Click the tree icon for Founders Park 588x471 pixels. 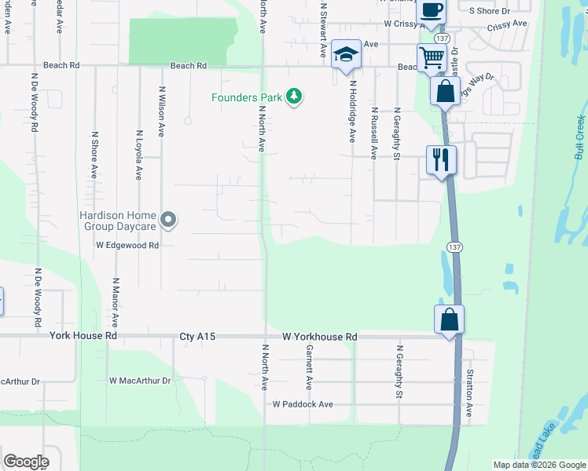click(x=294, y=97)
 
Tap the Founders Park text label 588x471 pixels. click(x=246, y=97)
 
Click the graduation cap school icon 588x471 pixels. click(x=345, y=54)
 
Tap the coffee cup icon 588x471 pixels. click(x=431, y=10)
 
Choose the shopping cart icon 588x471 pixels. click(x=432, y=57)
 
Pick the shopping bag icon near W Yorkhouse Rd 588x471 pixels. click(x=449, y=319)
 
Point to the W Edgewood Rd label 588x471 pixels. click(x=128, y=245)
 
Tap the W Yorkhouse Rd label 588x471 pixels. click(x=321, y=337)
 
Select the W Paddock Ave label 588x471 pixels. click(x=303, y=404)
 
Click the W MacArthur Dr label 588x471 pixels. click(x=140, y=381)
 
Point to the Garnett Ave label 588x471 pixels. click(x=310, y=367)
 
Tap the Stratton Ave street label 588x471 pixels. click(x=469, y=392)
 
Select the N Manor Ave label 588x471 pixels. click(x=116, y=302)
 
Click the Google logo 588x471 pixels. click(x=26, y=462)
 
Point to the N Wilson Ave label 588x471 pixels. click(x=162, y=111)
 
